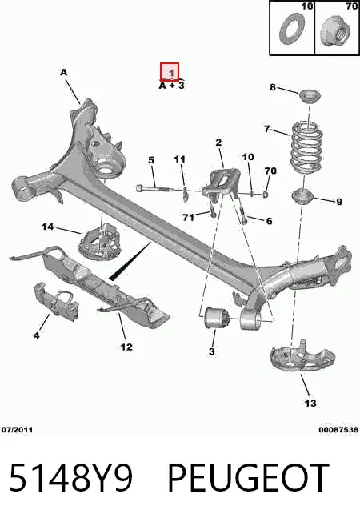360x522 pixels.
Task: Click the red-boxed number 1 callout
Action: coord(170,71)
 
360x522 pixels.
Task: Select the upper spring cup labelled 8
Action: coord(310,96)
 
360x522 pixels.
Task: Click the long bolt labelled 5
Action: coord(154,189)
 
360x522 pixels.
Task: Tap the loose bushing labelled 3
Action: coord(217,319)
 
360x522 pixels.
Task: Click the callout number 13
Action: coord(310,404)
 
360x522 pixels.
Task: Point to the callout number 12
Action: coord(126,347)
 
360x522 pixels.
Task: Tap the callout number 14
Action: coord(47,227)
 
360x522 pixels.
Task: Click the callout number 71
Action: coord(188,217)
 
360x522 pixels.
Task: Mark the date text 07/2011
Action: coord(17,430)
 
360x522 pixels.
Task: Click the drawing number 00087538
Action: coord(338,430)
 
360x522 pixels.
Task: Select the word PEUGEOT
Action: coord(249,477)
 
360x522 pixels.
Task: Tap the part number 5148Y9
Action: coord(71,477)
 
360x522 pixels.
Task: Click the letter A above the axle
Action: coord(63,72)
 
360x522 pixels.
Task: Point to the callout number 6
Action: coord(269,221)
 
